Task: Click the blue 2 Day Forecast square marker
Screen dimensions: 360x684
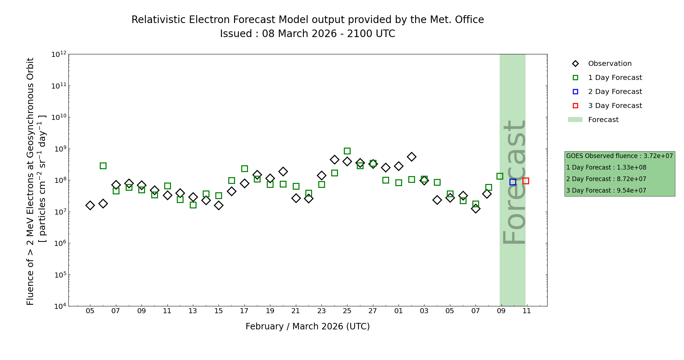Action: pyautogui.click(x=513, y=182)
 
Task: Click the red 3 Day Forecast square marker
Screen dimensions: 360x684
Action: pyautogui.click(x=526, y=181)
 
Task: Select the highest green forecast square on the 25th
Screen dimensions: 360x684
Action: pyautogui.click(x=347, y=151)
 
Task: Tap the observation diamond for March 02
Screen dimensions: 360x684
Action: pyautogui.click(x=411, y=157)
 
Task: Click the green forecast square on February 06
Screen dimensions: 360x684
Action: pyautogui.click(x=103, y=166)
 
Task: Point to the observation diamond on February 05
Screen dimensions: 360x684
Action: pyautogui.click(x=90, y=205)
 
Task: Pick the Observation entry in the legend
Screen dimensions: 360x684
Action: pyautogui.click(x=609, y=64)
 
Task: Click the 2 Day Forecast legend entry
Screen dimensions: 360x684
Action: pyautogui.click(x=615, y=92)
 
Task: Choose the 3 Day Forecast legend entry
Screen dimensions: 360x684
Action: pyautogui.click(x=615, y=106)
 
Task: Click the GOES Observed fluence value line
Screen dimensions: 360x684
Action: pyautogui.click(x=619, y=156)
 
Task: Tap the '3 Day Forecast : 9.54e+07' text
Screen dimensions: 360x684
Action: pyautogui.click(x=606, y=190)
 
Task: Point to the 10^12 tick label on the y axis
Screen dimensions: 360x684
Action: pyautogui.click(x=59, y=54)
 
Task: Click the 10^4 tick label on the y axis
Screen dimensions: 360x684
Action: pyautogui.click(x=59, y=306)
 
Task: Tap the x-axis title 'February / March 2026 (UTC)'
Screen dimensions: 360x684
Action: pyautogui.click(x=307, y=327)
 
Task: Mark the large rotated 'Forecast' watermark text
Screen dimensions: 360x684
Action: pyautogui.click(x=514, y=182)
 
